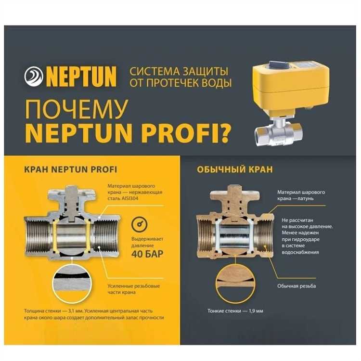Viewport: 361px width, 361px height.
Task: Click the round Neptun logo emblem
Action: pyautogui.click(x=34, y=77)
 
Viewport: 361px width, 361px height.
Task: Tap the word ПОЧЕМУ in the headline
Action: pyautogui.click(x=77, y=110)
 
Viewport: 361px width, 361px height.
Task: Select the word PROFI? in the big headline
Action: pyautogui.click(x=186, y=133)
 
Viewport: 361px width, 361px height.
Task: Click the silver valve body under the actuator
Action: pyautogui.click(x=279, y=133)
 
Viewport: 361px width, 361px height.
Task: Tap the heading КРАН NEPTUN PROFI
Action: pyautogui.click(x=71, y=170)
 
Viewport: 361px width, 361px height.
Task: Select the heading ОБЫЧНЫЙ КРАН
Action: pyautogui.click(x=235, y=170)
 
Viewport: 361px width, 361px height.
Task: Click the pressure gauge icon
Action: pyautogui.click(x=140, y=224)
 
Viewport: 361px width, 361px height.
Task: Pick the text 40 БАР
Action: pyautogui.click(x=147, y=254)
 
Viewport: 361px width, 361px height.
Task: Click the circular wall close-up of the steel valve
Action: pyautogui.click(x=72, y=284)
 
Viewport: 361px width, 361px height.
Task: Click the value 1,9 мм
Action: pyautogui.click(x=256, y=311)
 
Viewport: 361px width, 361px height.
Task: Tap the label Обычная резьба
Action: pyautogui.click(x=297, y=286)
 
